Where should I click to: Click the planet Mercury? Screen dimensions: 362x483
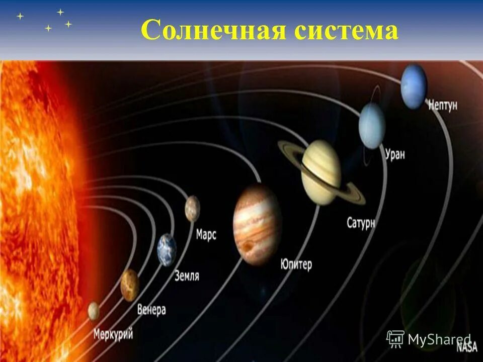click(94, 311)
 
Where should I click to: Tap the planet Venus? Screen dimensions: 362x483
click(130, 285)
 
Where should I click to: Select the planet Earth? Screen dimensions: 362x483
click(167, 250)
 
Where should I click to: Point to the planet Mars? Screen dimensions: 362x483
click(192, 208)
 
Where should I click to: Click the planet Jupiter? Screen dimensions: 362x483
click(257, 224)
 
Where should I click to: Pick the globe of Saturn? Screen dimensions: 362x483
click(321, 172)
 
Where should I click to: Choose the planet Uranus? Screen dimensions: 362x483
click(372, 126)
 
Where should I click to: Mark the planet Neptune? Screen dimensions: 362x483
click(414, 86)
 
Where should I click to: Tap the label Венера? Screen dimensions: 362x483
click(151, 310)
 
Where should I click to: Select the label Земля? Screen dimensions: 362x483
click(187, 276)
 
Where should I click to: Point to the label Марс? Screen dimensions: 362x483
click(206, 234)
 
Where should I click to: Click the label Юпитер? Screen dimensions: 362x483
click(296, 264)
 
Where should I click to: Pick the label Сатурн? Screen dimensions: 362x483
click(361, 223)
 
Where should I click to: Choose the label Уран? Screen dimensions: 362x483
click(394, 154)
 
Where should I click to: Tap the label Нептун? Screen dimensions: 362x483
click(443, 106)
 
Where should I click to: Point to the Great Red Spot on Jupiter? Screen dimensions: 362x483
click(249, 246)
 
